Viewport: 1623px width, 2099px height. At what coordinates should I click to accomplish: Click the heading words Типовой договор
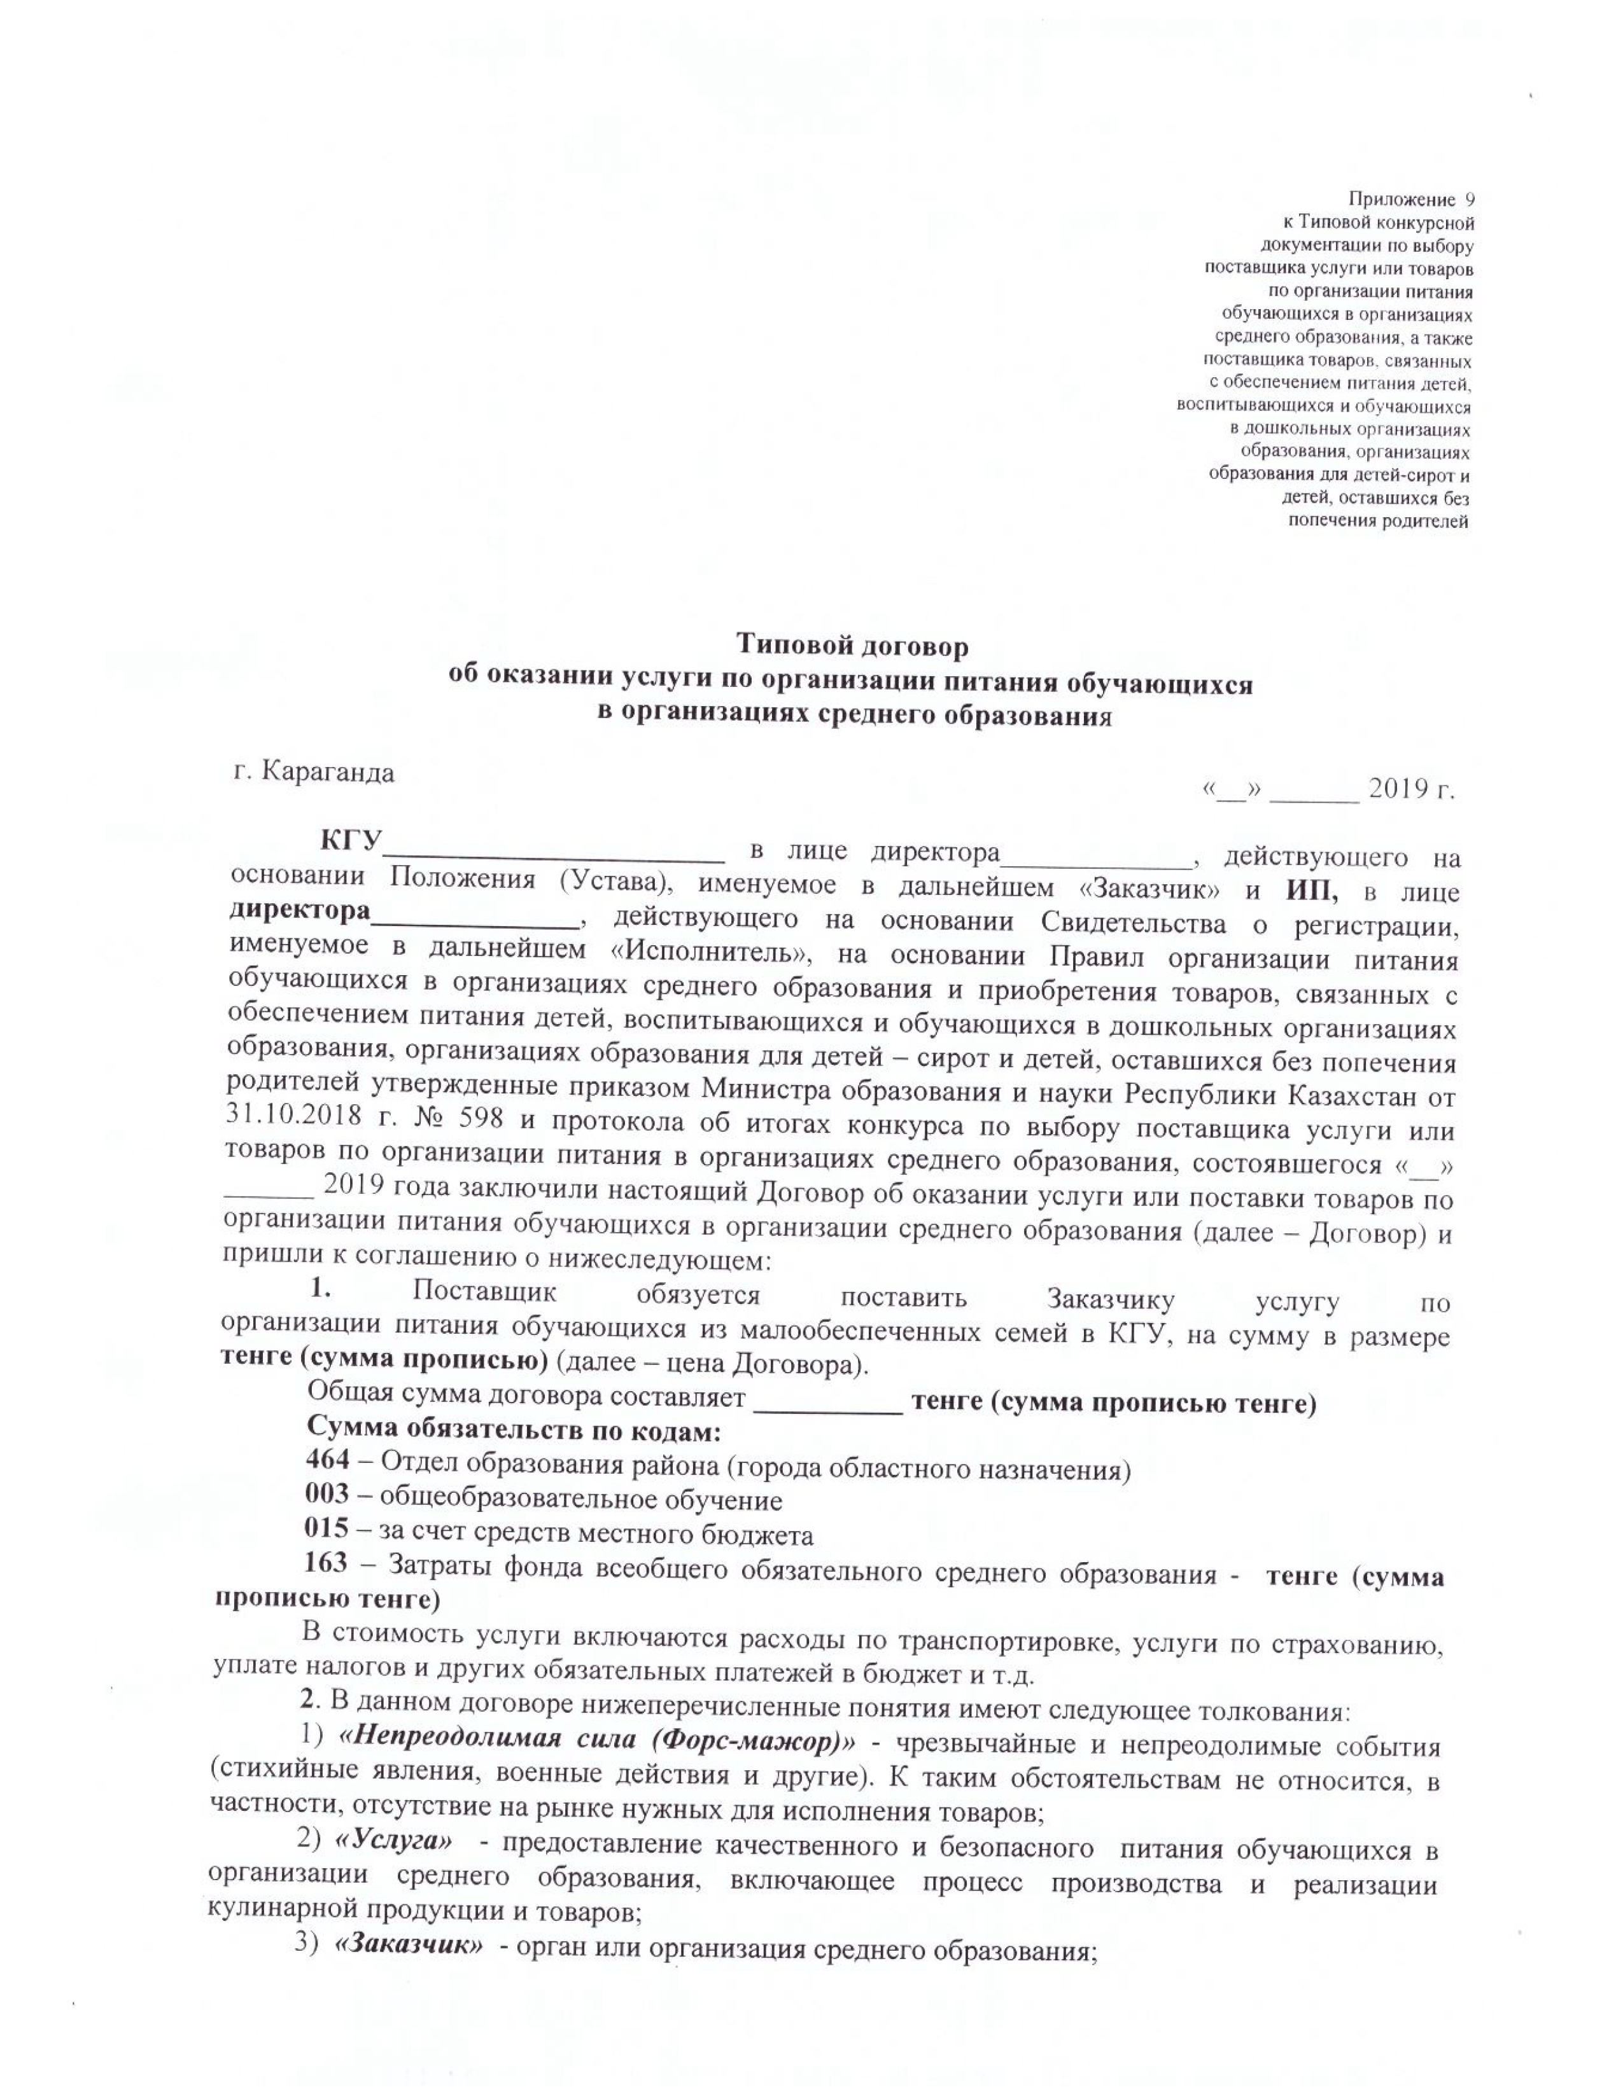(852, 645)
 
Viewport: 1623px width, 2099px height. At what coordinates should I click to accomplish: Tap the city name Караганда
(328, 773)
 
